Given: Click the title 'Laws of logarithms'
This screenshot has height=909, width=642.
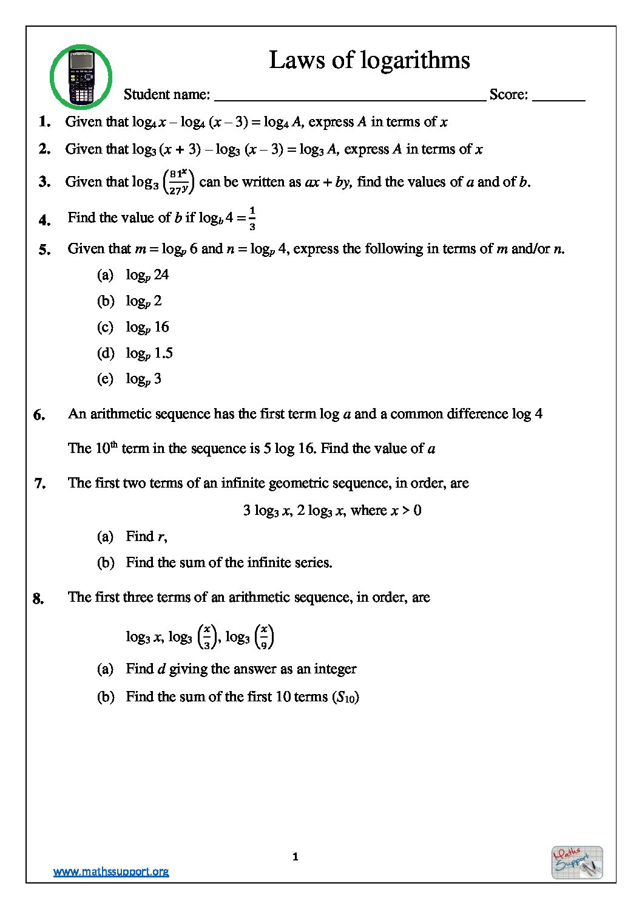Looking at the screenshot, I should click(369, 60).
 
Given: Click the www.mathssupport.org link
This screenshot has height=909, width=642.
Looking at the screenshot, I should click(111, 871).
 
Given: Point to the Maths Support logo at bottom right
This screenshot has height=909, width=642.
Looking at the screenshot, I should click(576, 862).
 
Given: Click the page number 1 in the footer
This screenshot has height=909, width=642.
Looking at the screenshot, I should click(296, 857).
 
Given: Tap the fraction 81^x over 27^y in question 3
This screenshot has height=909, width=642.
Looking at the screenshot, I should click(178, 182).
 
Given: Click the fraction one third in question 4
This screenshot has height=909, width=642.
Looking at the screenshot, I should click(252, 218).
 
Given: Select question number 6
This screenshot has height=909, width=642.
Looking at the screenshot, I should click(39, 415).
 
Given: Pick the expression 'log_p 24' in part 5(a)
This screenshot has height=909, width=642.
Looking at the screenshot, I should click(147, 275).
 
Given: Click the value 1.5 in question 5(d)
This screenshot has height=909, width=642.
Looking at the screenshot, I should click(163, 353).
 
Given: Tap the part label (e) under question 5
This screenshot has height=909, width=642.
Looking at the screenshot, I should click(105, 379).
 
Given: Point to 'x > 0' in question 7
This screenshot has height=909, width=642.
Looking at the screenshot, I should click(406, 510).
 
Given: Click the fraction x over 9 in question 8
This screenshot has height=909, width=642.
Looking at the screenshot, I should click(264, 637).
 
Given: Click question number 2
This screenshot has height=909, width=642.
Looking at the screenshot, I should click(44, 149).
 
